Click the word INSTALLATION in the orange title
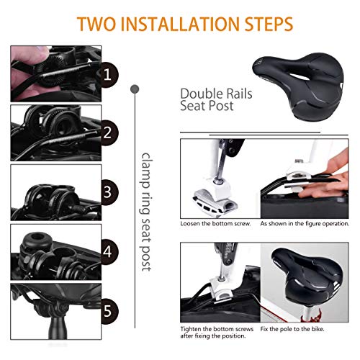click(x=179, y=24)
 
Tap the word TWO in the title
click(x=96, y=24)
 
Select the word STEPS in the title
click(x=269, y=24)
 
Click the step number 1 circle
click(x=108, y=74)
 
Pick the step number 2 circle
click(x=108, y=132)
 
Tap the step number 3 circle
click(x=108, y=192)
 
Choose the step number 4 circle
click(x=108, y=252)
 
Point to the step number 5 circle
click(x=108, y=311)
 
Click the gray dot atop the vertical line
click(x=135, y=89)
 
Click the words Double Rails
click(x=216, y=94)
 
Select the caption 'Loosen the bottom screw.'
click(x=215, y=224)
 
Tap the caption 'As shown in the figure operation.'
click(x=305, y=224)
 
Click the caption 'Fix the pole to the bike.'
click(x=292, y=329)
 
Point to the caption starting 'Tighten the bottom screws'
click(x=217, y=333)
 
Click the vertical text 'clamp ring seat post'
click(x=145, y=212)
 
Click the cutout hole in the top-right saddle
click(x=300, y=77)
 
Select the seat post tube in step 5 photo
click(x=55, y=328)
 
